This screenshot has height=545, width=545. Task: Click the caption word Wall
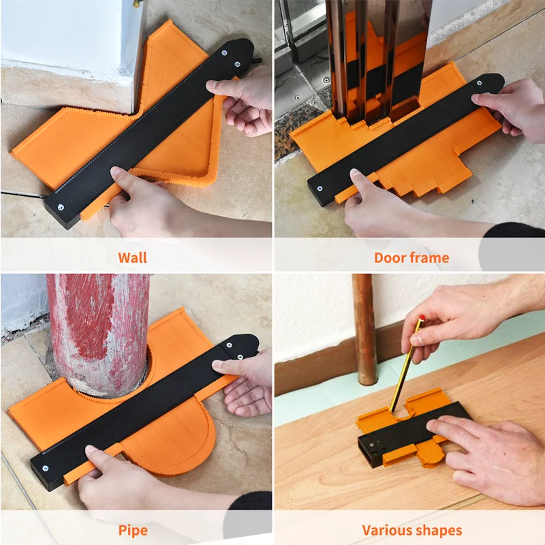132,258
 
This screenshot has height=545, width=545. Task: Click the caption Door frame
411,258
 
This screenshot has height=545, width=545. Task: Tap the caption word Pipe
132,530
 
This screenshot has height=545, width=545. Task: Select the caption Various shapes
411,530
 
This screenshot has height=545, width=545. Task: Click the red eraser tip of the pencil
422,318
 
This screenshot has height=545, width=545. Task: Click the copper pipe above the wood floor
364,327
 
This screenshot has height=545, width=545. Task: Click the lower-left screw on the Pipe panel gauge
46,467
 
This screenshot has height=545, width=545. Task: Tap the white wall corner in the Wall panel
68,34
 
